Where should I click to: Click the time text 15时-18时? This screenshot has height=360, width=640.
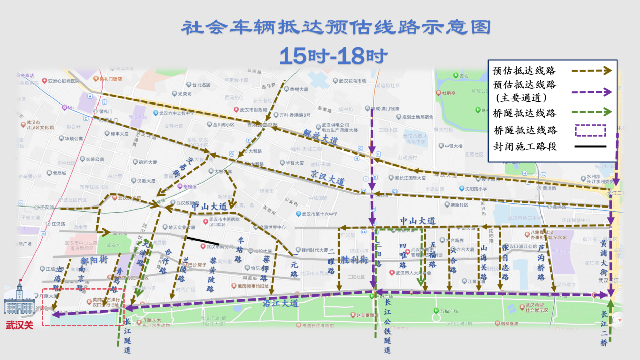coord(333,55)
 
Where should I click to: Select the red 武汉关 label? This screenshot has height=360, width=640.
coord(19,325)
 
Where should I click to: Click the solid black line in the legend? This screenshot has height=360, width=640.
coord(588,147)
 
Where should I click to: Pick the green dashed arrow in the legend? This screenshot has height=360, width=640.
coord(592,112)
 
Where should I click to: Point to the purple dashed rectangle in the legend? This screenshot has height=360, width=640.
coord(590,130)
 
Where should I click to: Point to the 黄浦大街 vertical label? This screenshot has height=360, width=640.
coord(604,258)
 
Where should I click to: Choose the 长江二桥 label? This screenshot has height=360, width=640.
coord(603,327)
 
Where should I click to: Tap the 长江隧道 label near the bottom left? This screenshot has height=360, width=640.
coord(127,336)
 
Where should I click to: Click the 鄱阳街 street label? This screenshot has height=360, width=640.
coord(94,261)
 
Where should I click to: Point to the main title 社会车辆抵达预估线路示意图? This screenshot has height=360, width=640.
coord(335,28)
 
